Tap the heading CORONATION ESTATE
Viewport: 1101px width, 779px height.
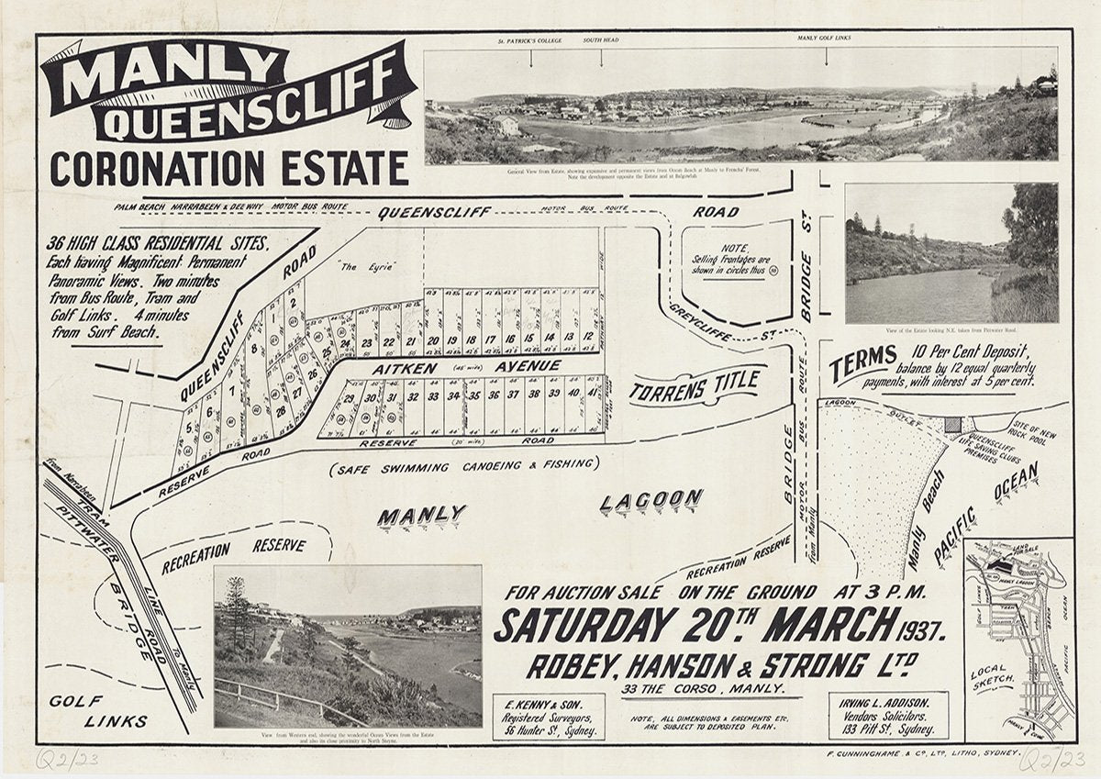click(x=228, y=169)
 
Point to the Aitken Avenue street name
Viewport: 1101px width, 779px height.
click(x=466, y=367)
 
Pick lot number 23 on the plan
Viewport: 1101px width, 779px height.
click(x=366, y=343)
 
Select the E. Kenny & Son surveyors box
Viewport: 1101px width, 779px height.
click(x=549, y=716)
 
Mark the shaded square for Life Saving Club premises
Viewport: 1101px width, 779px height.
click(x=953, y=425)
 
